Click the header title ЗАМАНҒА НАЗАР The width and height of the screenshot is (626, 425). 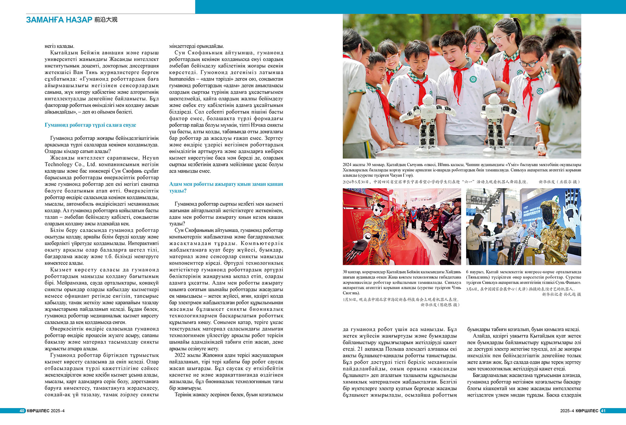tap(59, 20)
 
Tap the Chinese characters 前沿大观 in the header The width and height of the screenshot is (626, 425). tap(106, 20)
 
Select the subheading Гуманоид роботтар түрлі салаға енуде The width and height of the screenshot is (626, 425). tap(90, 125)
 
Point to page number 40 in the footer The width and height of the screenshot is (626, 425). tap(22, 411)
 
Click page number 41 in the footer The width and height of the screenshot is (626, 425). tap(603, 411)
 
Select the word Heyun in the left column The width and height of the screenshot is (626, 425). tap(151, 158)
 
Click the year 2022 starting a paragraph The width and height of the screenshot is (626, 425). tap(180, 355)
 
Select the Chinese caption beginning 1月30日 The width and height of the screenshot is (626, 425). tap(401, 299)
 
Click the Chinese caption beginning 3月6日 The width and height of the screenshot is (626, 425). tap(520, 289)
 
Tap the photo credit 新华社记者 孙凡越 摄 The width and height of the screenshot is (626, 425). tap(561, 294)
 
